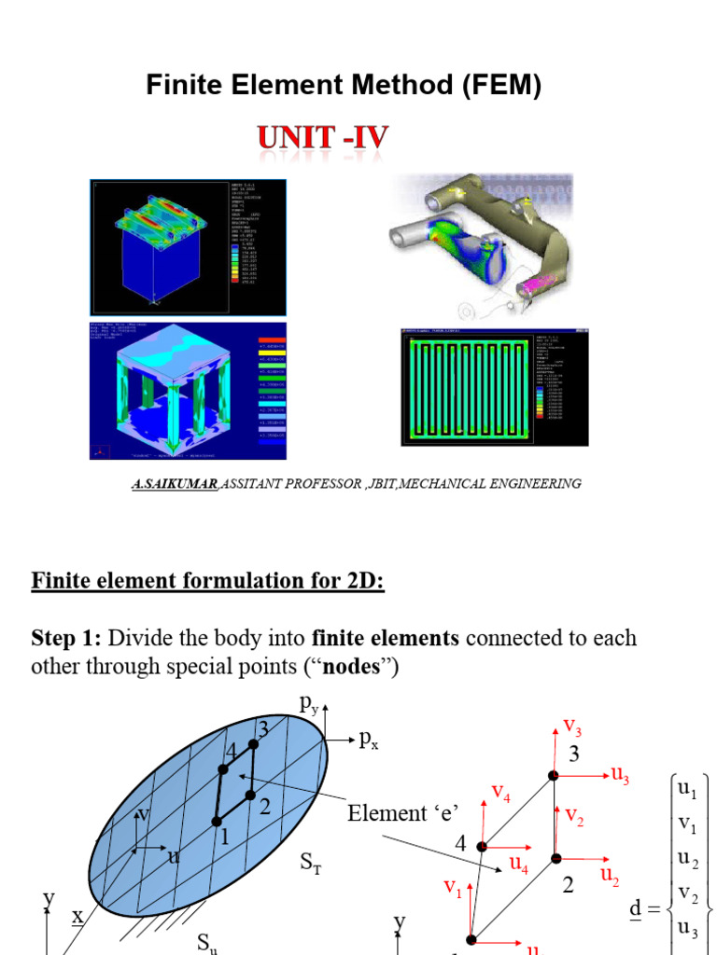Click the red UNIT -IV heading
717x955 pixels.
point(324,140)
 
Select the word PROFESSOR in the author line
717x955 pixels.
point(319,484)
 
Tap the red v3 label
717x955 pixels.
point(572,726)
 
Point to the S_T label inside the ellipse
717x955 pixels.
point(312,865)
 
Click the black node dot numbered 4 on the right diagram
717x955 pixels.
point(482,846)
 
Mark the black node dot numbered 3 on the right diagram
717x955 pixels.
point(553,775)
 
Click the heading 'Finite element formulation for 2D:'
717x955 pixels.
point(208,581)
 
